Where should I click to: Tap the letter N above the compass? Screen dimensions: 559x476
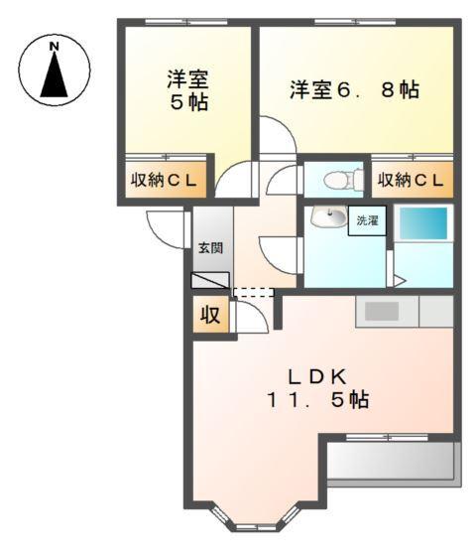pos(55,46)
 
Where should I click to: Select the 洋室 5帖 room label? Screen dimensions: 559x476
pos(186,90)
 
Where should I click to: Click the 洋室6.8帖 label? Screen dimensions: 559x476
pos(354,90)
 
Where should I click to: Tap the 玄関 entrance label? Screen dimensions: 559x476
pos(209,247)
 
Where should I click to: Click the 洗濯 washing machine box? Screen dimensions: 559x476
pos(366,220)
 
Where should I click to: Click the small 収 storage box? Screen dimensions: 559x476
pos(210,316)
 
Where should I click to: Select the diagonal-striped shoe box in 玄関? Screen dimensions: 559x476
pos(210,281)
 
